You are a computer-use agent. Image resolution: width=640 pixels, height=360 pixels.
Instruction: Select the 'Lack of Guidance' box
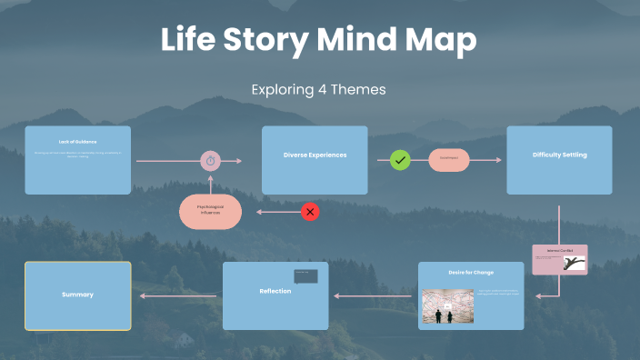pos(77,160)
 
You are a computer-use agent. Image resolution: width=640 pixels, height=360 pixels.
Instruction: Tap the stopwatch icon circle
pos(211,161)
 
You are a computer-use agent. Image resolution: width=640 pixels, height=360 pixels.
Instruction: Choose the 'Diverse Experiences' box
pos(315,160)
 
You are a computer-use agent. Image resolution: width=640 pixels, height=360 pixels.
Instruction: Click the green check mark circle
pos(400,161)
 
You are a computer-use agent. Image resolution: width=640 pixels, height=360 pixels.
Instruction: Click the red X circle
pos(310,213)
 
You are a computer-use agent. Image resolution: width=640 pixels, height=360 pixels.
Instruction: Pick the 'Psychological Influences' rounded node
pos(210,212)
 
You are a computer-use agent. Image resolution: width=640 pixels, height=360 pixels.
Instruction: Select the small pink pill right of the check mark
pos(449,160)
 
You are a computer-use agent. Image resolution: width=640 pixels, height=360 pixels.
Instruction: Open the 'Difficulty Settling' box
pos(559,160)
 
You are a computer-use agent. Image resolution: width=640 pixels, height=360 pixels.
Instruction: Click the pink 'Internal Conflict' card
pos(560,259)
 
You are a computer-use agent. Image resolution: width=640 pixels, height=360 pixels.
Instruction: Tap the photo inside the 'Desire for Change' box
pos(448,307)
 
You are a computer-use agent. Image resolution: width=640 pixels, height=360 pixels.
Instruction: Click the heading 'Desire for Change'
pos(471,272)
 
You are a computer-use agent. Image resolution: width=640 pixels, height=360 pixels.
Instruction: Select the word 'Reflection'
pos(275,291)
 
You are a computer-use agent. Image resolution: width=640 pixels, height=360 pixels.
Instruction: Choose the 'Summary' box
pos(77,295)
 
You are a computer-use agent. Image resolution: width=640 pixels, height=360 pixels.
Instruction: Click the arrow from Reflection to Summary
pos(178,295)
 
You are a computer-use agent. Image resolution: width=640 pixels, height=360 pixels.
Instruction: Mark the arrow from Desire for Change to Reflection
pos(373,295)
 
